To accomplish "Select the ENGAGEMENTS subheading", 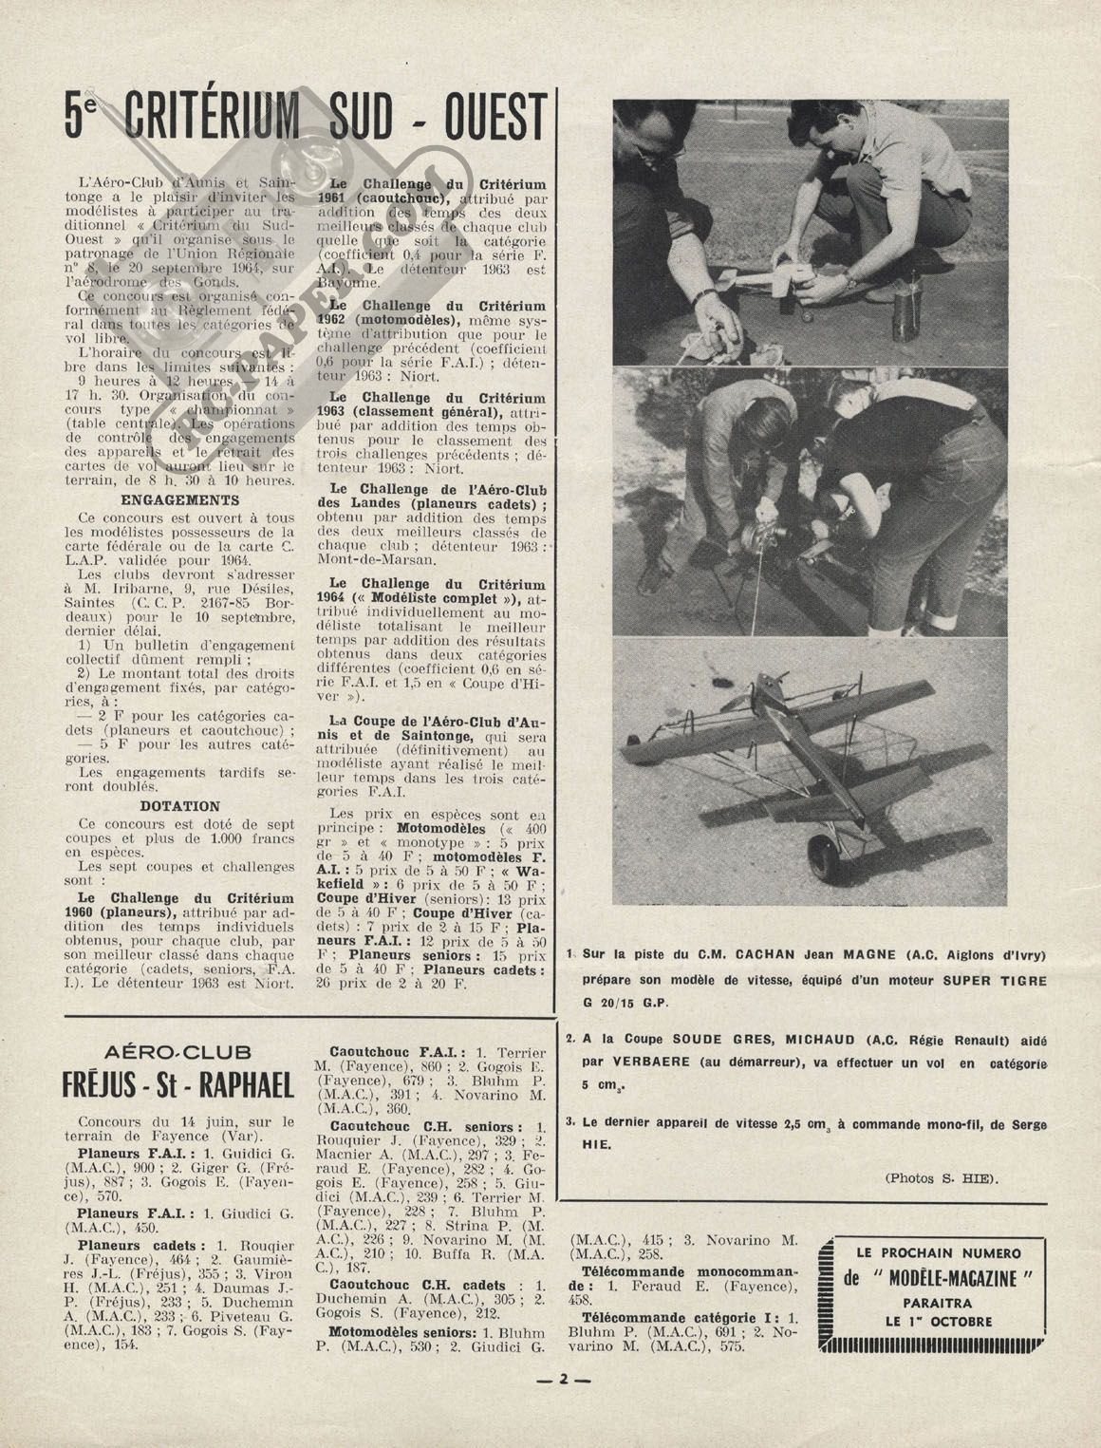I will [180, 499].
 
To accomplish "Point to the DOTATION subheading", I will [180, 806].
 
